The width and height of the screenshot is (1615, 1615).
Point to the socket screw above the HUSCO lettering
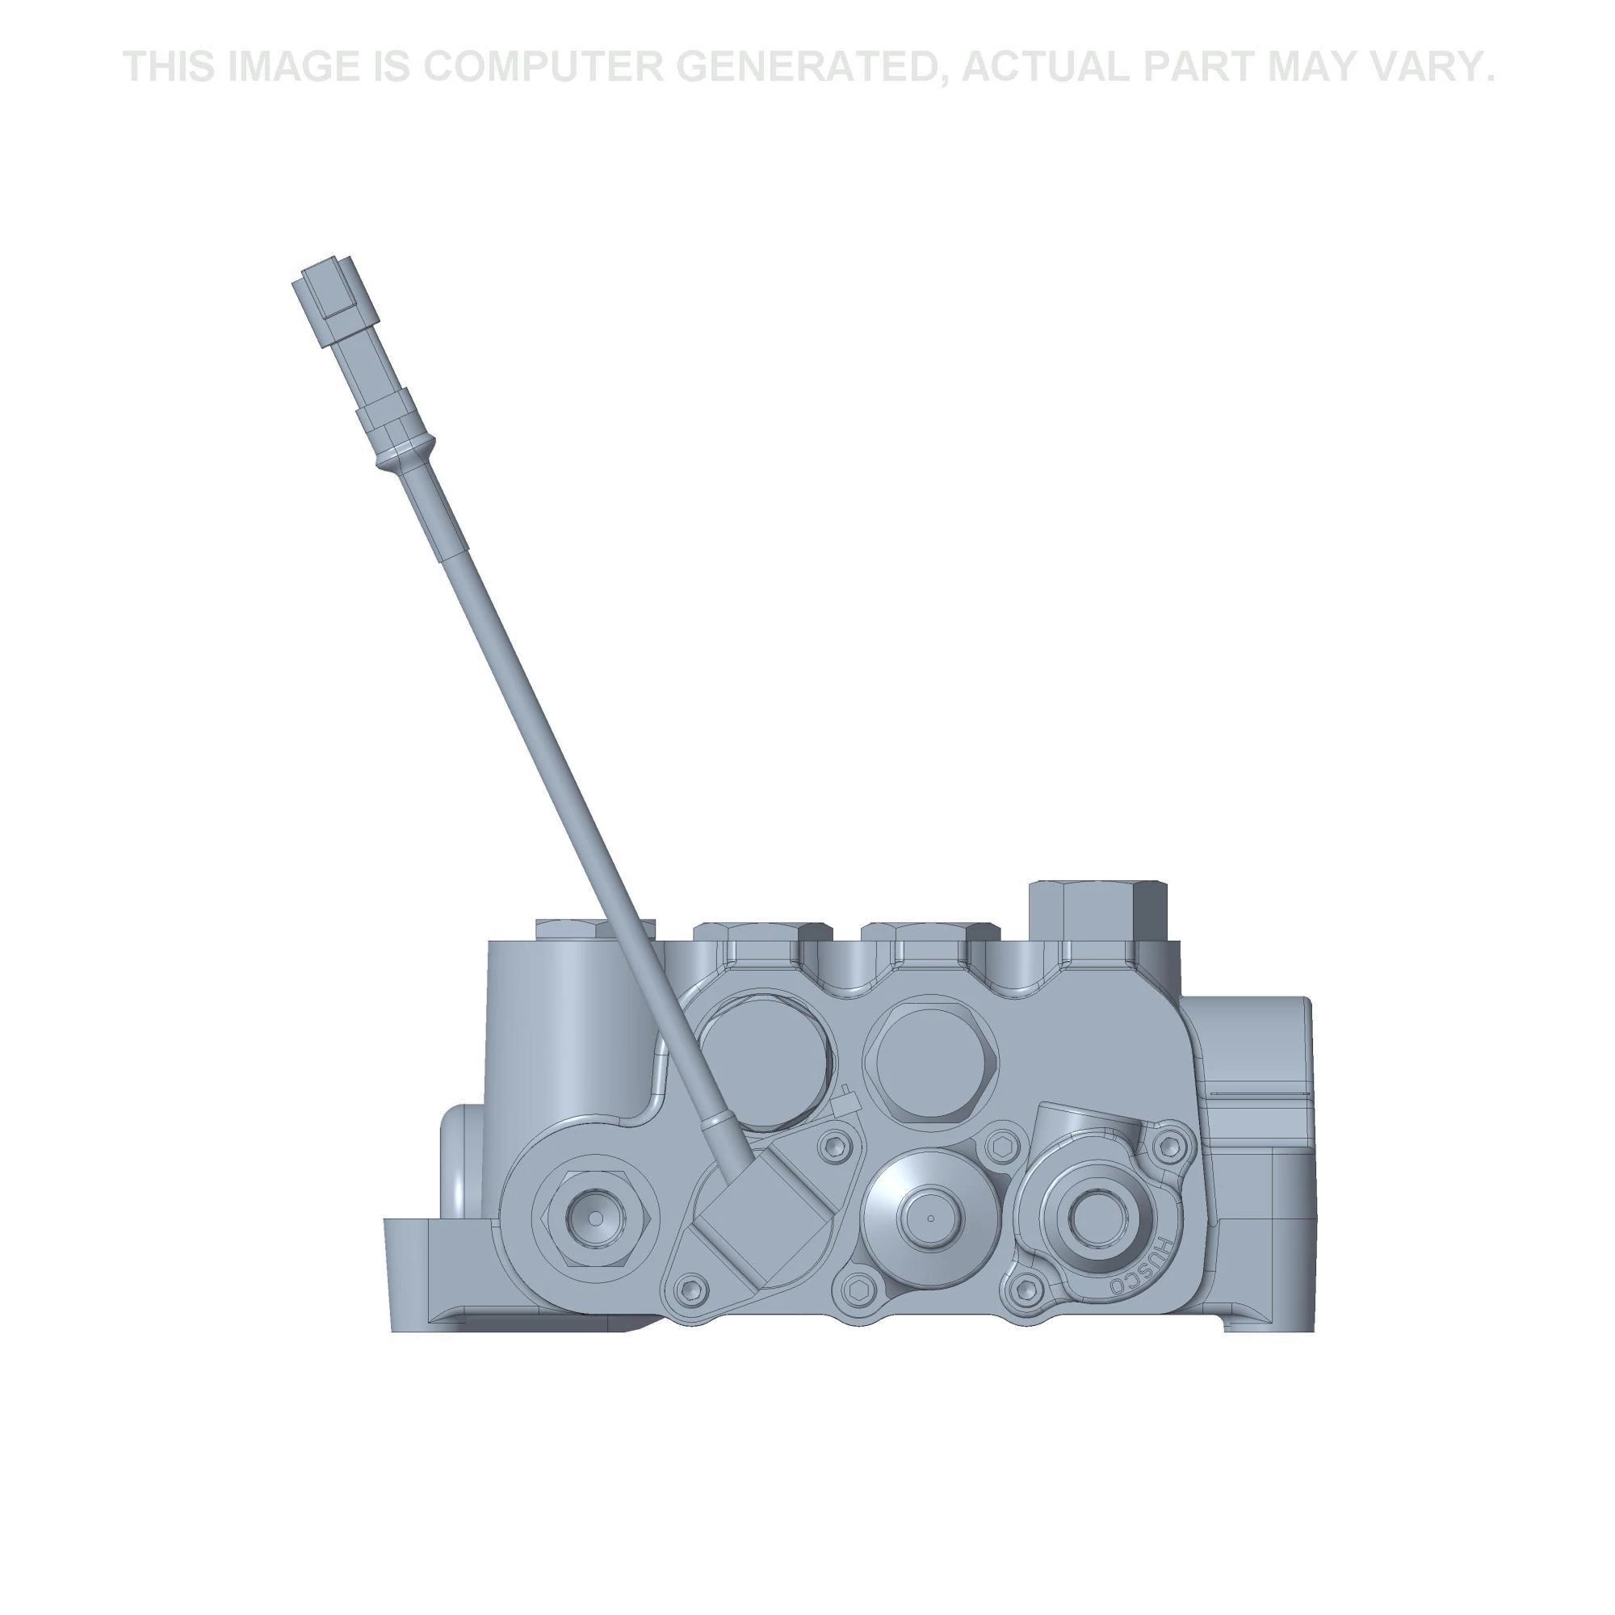click(1171, 1145)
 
